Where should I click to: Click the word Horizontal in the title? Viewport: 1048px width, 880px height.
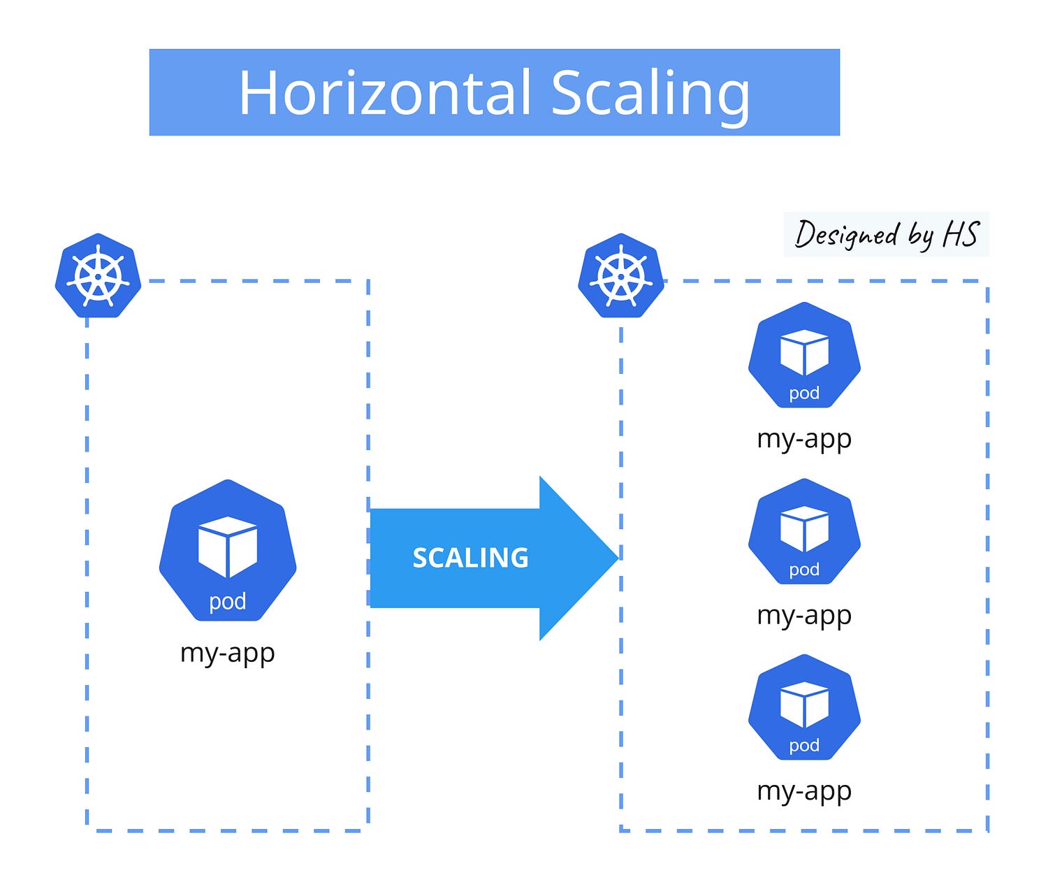coord(385,93)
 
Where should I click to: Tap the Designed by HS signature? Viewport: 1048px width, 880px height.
coord(886,234)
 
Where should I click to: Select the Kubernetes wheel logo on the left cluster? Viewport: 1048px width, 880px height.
coord(98,275)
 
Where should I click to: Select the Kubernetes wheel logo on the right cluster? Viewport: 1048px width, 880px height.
coord(621,275)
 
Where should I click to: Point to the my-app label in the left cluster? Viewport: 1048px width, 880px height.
coord(228,653)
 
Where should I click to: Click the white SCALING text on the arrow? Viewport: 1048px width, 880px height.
coord(470,558)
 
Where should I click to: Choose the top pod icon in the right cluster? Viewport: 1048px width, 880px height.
coord(804,356)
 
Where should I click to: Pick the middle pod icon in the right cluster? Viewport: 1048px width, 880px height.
coord(804,532)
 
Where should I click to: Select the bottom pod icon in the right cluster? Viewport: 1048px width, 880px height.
coord(804,708)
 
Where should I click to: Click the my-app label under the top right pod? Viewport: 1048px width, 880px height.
coord(804,439)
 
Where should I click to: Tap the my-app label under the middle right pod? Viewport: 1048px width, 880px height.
coord(804,616)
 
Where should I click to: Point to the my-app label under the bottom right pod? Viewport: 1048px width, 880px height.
coord(804,791)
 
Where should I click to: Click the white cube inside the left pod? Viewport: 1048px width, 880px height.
coord(228,546)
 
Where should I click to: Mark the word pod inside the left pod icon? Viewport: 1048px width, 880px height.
coord(228,601)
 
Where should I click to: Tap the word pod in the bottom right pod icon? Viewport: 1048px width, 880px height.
coord(804,746)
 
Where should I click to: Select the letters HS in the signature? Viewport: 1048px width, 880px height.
coord(961,234)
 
